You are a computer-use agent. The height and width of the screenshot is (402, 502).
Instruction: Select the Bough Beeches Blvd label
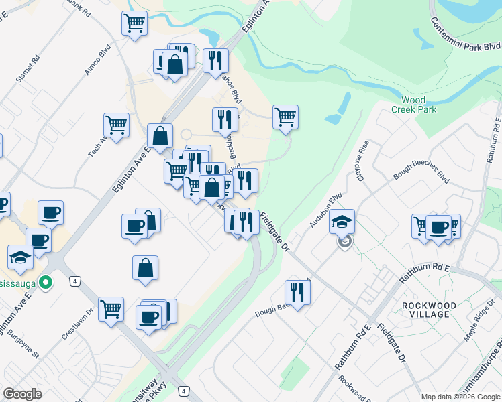click(421, 176)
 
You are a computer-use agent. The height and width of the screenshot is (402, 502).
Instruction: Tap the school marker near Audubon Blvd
click(342, 221)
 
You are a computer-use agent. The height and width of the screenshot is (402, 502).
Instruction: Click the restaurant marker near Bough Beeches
click(297, 291)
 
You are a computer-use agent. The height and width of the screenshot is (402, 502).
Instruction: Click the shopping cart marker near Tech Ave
click(116, 125)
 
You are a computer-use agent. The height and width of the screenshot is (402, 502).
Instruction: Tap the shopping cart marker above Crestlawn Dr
click(111, 309)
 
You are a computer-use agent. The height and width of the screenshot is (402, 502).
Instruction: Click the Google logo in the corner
click(22, 394)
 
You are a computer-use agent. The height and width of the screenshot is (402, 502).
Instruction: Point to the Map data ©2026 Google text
click(460, 397)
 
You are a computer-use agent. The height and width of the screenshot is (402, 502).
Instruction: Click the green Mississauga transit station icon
click(46, 283)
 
